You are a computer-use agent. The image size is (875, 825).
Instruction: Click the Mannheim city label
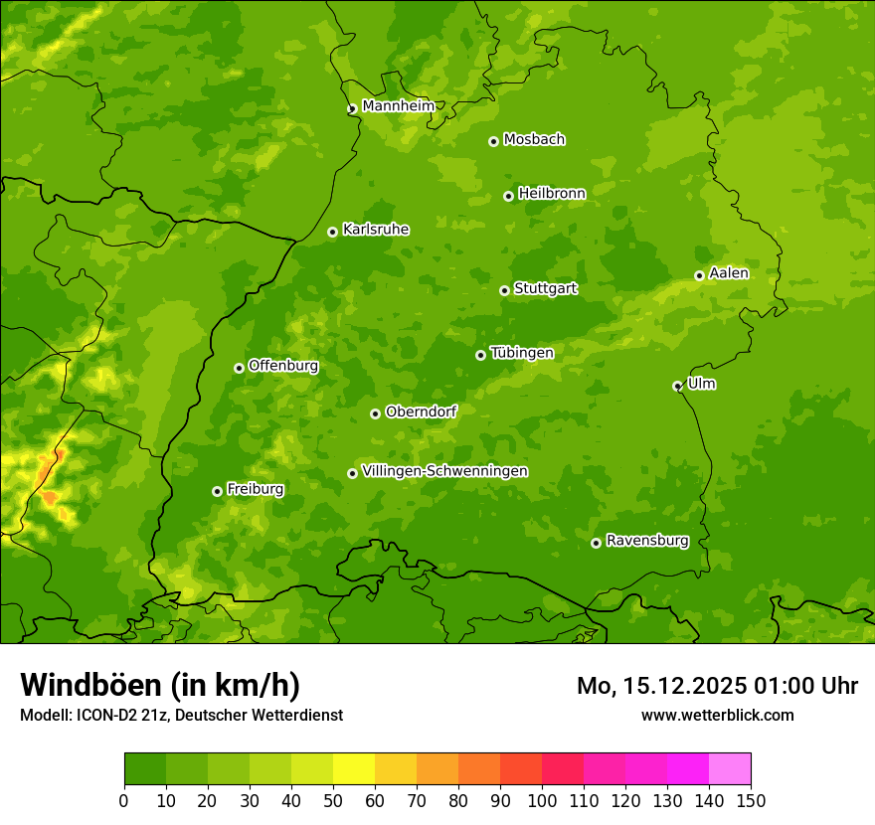pyautogui.click(x=399, y=105)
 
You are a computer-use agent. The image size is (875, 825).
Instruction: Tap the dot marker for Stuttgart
pyautogui.click(x=504, y=290)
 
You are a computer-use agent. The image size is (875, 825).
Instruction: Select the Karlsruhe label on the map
pyautogui.click(x=376, y=230)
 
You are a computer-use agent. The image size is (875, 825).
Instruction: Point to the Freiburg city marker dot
pyautogui.click(x=217, y=491)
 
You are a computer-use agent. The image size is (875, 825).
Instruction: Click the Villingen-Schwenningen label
pyautogui.click(x=444, y=471)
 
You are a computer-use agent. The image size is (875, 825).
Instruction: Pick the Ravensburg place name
pyautogui.click(x=647, y=541)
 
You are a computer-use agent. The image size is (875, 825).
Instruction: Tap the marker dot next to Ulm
pyautogui.click(x=677, y=386)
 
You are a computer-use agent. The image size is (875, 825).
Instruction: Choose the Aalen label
pyautogui.click(x=729, y=273)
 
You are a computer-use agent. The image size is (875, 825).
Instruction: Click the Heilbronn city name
pyautogui.click(x=552, y=194)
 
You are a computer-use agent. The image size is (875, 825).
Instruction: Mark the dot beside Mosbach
pyautogui.click(x=493, y=141)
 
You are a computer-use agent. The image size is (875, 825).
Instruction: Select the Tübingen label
pyautogui.click(x=522, y=353)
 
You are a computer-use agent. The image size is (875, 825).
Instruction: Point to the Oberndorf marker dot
pyautogui.click(x=375, y=413)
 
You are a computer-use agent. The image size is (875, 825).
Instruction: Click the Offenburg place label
pyautogui.click(x=283, y=366)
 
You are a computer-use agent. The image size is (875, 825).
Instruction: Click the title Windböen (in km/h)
pyautogui.click(x=159, y=685)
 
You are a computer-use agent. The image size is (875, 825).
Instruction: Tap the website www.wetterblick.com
pyautogui.click(x=717, y=715)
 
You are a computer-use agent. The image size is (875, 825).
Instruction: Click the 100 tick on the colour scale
pyautogui.click(x=542, y=801)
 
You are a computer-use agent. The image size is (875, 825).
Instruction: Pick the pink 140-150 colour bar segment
pyautogui.click(x=729, y=769)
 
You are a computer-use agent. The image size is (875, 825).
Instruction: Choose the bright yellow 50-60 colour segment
pyautogui.click(x=354, y=769)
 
